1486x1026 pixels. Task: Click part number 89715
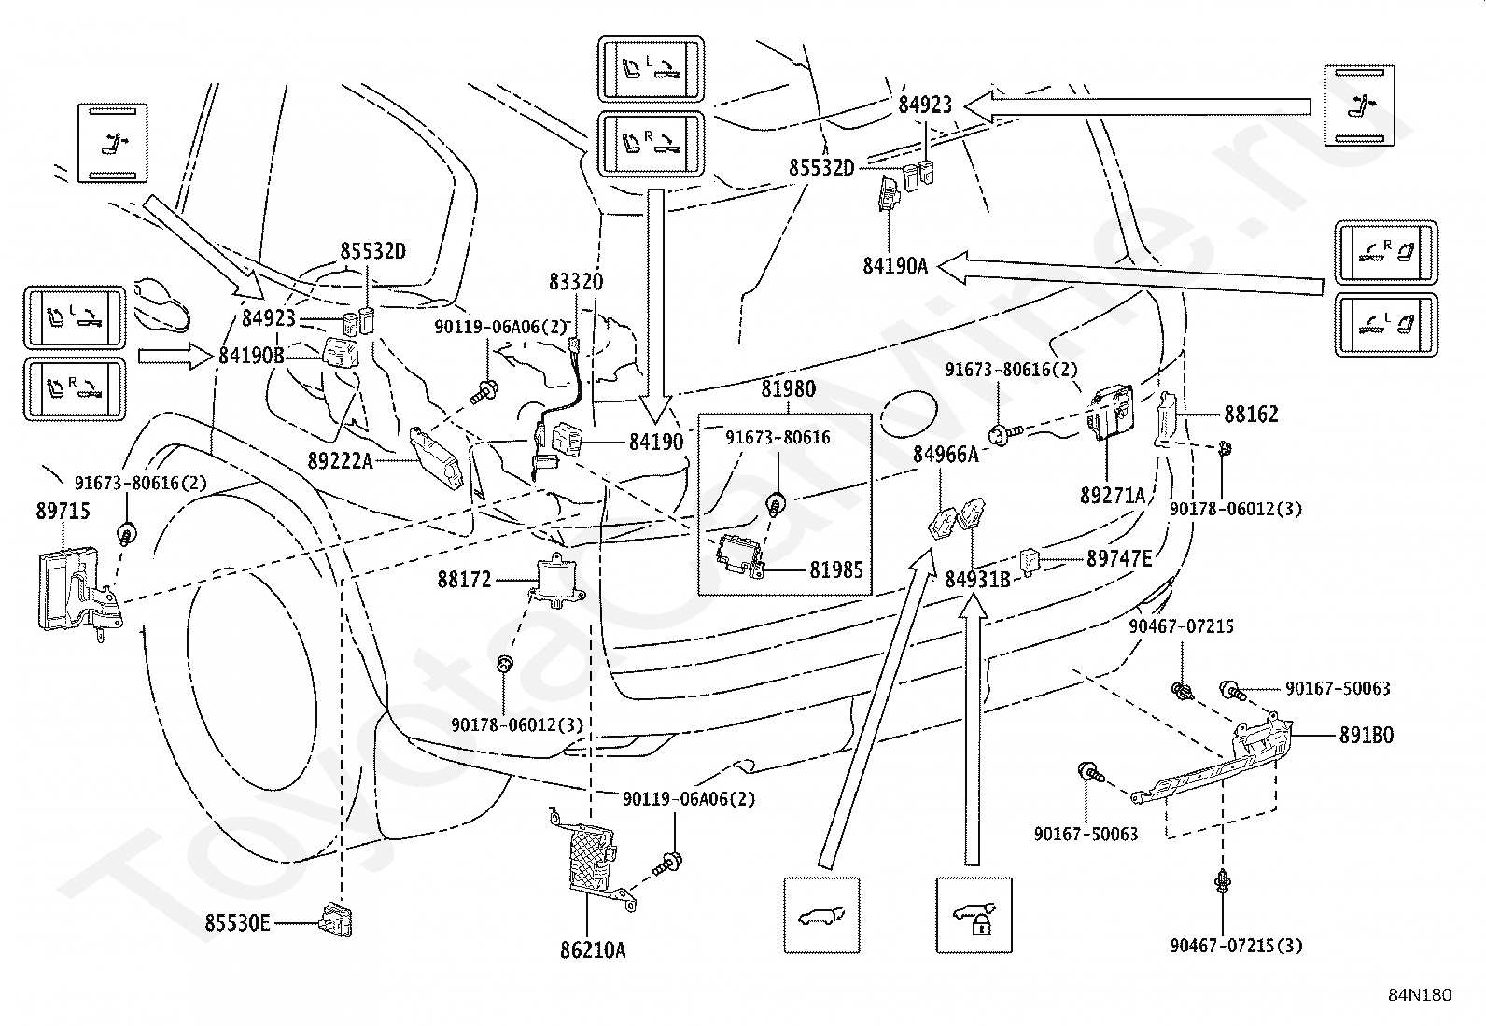[63, 511]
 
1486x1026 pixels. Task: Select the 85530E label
[237, 923]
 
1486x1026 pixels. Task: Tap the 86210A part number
[593, 950]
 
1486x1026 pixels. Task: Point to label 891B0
[1367, 736]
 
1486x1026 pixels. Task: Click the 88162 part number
[1251, 415]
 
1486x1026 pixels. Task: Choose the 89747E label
[1119, 559]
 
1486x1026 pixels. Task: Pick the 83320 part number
[576, 282]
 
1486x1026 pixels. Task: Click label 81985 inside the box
[836, 570]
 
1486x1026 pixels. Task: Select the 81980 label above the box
[788, 389]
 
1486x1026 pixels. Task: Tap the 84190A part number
[895, 266]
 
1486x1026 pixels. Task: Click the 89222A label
[341, 460]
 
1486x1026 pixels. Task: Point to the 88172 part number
[465, 580]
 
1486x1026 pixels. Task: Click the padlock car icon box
[974, 915]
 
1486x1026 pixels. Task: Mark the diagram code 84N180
[1421, 995]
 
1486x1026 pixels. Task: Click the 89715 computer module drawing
[80, 593]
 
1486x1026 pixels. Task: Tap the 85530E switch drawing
[336, 920]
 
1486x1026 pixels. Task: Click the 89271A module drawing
[1109, 414]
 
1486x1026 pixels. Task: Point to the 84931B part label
[978, 580]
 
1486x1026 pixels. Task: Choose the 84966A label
[946, 455]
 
